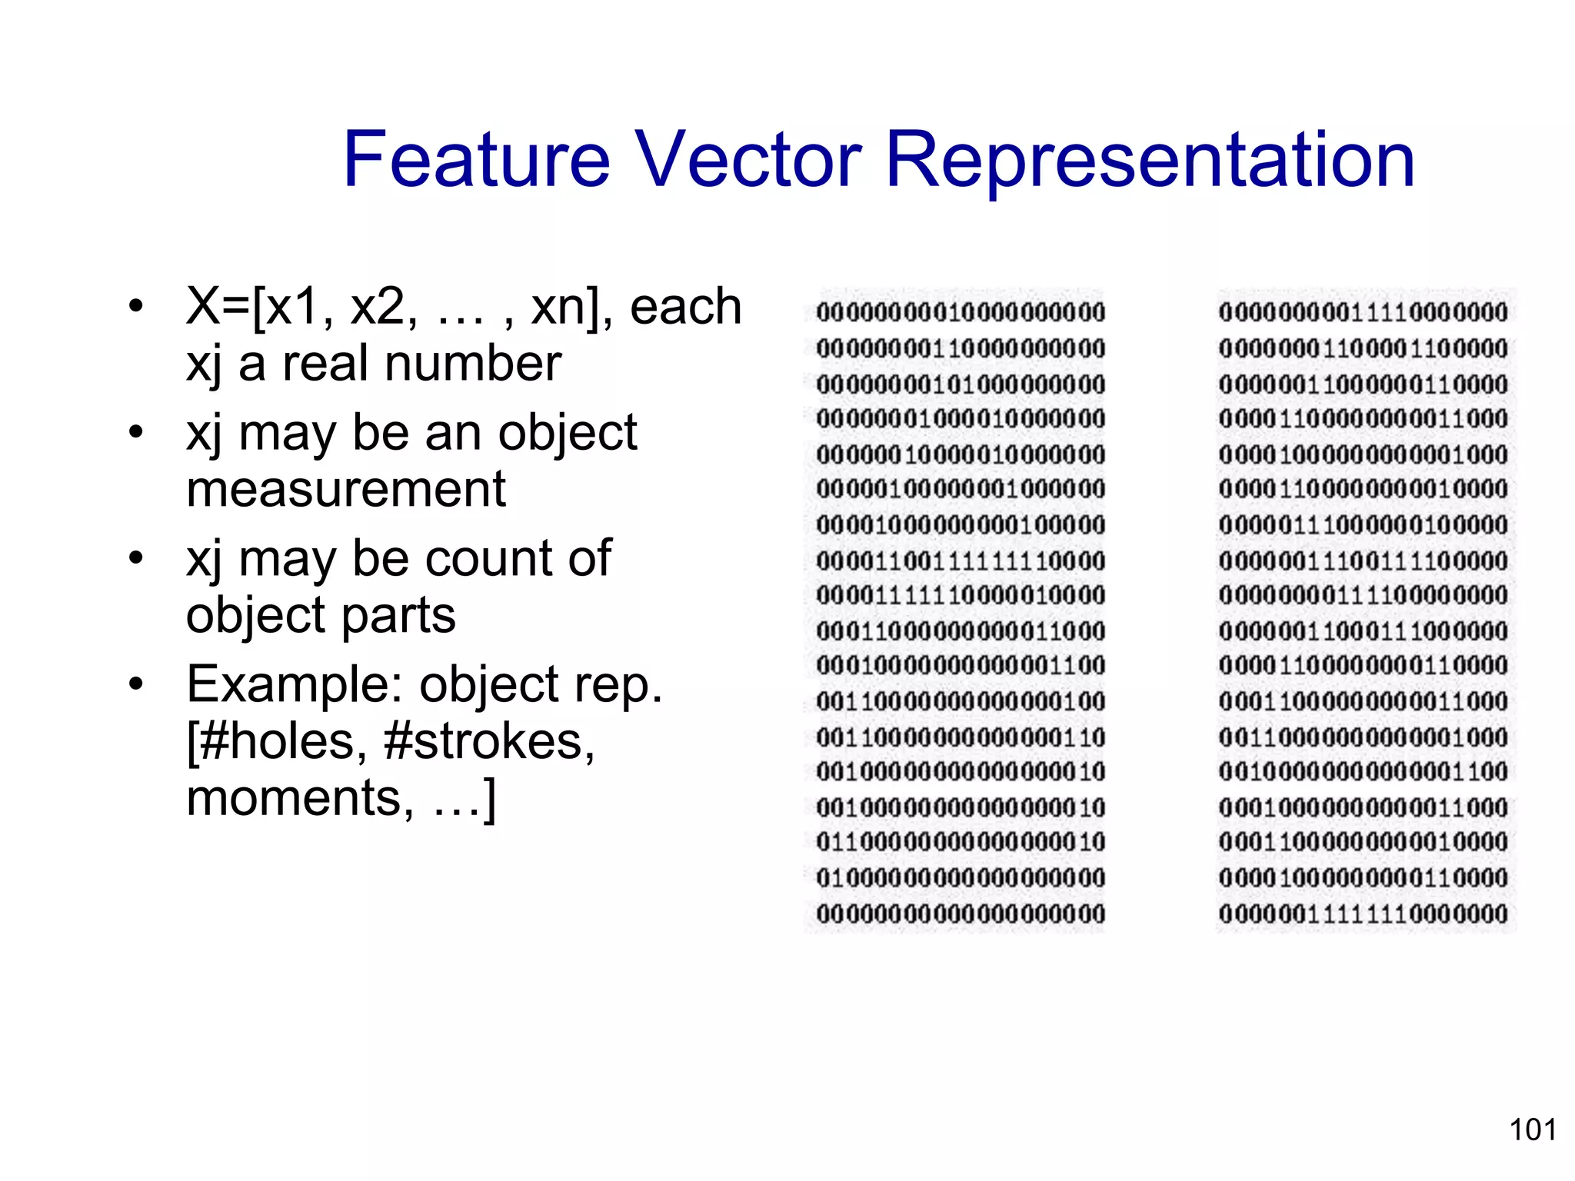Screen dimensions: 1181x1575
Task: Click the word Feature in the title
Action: (477, 159)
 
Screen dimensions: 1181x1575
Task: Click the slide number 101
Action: (1533, 1129)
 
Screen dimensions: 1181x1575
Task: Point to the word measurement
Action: (346, 489)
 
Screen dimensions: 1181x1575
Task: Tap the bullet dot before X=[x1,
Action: (136, 305)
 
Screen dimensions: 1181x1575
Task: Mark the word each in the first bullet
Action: (685, 307)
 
